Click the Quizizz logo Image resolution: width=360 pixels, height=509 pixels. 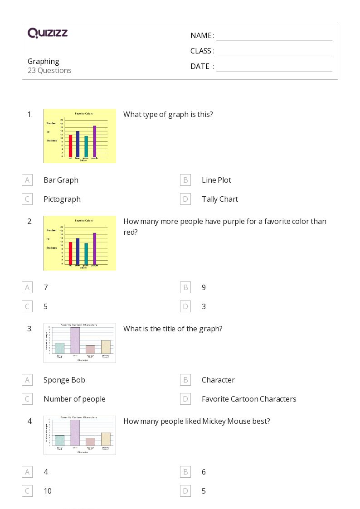[x=48, y=33]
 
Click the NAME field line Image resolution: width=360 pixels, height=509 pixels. [x=274, y=36]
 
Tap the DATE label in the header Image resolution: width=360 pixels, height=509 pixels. [x=200, y=66]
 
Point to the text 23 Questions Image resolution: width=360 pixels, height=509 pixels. [x=49, y=70]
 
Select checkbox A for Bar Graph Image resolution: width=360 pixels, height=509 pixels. [x=27, y=180]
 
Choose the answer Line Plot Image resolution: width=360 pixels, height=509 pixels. [x=216, y=180]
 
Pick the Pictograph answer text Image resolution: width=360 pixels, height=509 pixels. [x=62, y=199]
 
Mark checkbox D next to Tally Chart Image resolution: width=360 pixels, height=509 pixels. [x=185, y=199]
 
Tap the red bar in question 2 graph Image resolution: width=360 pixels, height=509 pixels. [x=70, y=253]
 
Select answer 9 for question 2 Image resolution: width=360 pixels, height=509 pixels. [x=204, y=287]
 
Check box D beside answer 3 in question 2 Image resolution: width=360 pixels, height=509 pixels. [x=185, y=306]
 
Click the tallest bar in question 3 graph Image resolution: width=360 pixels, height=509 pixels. [x=75, y=340]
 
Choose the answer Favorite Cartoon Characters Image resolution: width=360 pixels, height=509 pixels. [x=249, y=399]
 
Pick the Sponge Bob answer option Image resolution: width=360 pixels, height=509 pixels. [x=64, y=380]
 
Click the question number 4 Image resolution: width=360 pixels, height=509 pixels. [x=30, y=421]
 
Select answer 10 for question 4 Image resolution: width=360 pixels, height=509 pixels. [x=48, y=491]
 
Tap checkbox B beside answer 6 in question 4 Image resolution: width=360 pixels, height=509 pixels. [x=185, y=472]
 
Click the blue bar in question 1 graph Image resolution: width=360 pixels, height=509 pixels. [x=78, y=144]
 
